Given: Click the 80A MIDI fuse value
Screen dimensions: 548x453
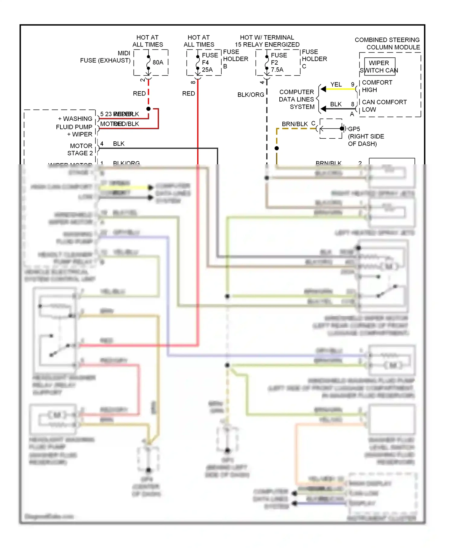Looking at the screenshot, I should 158,62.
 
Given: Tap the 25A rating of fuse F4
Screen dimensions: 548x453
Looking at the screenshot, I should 207,69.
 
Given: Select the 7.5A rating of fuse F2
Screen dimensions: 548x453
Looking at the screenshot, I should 277,69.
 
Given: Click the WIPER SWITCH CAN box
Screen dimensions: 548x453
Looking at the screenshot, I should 379,66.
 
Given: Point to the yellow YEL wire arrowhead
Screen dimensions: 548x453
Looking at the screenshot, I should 323,89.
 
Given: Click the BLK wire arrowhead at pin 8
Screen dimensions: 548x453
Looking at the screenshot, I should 323,109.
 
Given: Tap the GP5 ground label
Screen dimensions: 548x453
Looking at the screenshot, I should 354,129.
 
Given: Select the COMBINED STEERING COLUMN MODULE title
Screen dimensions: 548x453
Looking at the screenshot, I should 387,44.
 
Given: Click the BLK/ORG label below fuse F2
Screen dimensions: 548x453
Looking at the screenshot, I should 251,95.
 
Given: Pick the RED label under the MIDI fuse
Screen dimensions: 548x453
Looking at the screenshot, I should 139,94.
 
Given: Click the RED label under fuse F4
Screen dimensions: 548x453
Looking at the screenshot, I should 188,94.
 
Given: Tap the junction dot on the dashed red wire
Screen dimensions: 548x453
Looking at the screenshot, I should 148,109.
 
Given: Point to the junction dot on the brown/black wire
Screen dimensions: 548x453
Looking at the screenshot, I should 277,148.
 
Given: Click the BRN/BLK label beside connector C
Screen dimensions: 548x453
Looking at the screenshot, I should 294,124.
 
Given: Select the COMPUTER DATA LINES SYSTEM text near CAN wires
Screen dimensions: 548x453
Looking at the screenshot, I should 297,99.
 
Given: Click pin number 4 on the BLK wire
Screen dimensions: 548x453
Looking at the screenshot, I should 102,144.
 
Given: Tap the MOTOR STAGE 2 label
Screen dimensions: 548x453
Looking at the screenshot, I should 80,150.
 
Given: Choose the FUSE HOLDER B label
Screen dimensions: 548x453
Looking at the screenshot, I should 235,59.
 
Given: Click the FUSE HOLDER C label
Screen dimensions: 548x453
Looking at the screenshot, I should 314,59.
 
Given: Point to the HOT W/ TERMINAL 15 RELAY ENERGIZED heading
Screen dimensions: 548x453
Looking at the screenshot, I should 267,41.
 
